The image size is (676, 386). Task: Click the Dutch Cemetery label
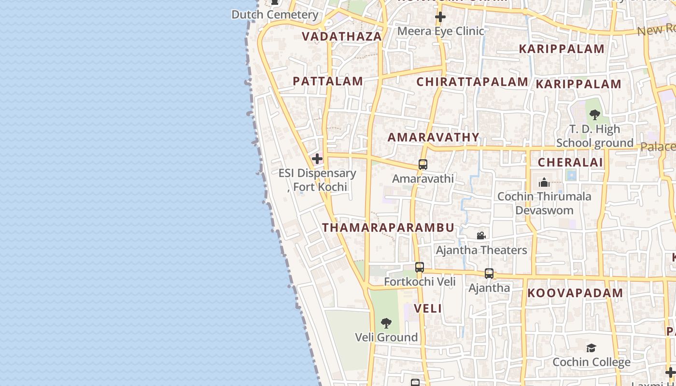pyautogui.click(x=275, y=14)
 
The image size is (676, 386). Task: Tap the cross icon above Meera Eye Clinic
pyautogui.click(x=440, y=17)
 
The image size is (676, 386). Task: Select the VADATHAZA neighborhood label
pyautogui.click(x=342, y=36)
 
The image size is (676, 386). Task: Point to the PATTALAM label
pyautogui.click(x=328, y=81)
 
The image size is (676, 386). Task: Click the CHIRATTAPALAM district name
pyautogui.click(x=472, y=82)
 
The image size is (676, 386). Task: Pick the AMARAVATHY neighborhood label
pyautogui.click(x=434, y=137)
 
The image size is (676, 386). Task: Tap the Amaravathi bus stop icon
pyautogui.click(x=423, y=165)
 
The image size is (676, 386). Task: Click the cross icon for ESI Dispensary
pyautogui.click(x=317, y=159)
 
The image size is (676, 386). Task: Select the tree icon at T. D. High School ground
pyautogui.click(x=595, y=115)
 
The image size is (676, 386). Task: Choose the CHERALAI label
pyautogui.click(x=570, y=162)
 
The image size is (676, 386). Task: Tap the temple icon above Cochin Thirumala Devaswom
pyautogui.click(x=544, y=182)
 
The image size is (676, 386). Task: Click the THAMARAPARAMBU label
pyautogui.click(x=388, y=227)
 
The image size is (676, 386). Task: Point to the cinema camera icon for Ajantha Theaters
pyautogui.click(x=481, y=236)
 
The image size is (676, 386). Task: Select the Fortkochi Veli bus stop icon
pyautogui.click(x=420, y=267)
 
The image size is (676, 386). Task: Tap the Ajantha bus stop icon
pyautogui.click(x=489, y=274)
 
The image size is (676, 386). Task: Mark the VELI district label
pyautogui.click(x=428, y=308)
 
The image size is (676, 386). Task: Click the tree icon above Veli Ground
pyautogui.click(x=386, y=323)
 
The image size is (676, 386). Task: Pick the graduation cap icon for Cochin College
pyautogui.click(x=591, y=348)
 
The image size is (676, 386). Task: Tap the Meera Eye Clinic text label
pyautogui.click(x=440, y=31)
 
